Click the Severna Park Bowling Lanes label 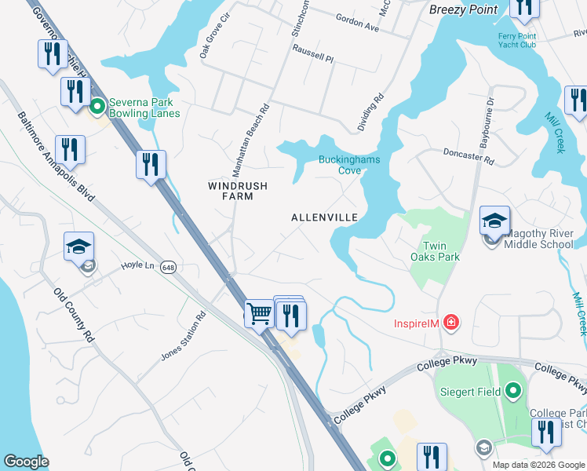(144, 108)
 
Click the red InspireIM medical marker (450, 322)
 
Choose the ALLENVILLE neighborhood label (324, 217)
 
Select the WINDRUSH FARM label (237, 191)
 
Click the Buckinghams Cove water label (349, 165)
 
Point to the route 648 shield (168, 268)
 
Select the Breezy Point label (464, 9)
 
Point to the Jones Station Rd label (183, 336)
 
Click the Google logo (27, 462)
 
